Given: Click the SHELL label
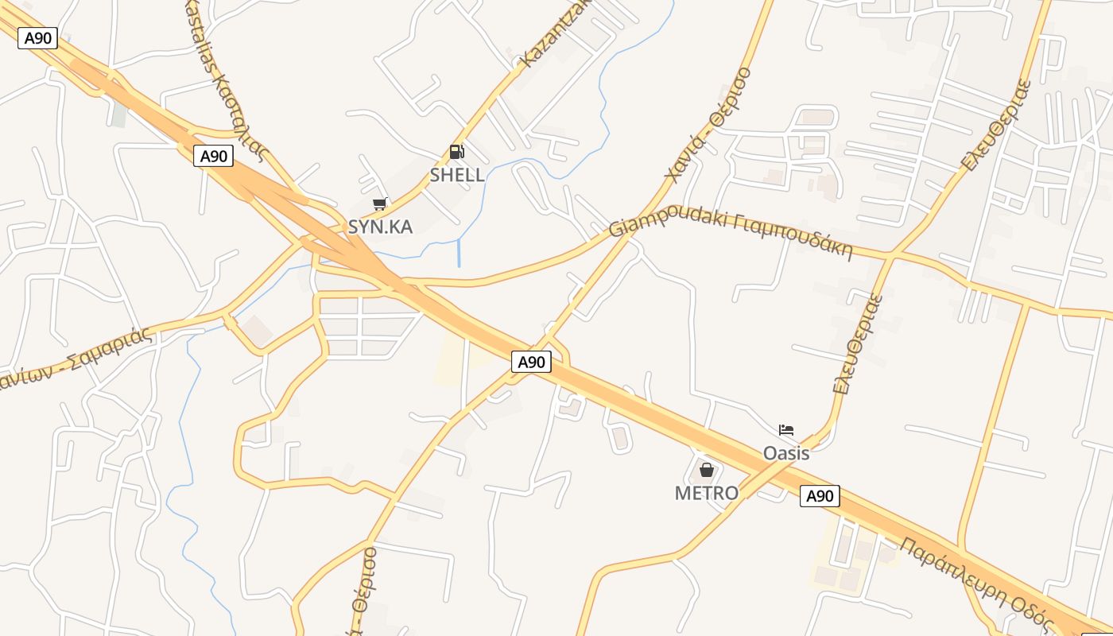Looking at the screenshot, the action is click(x=457, y=175).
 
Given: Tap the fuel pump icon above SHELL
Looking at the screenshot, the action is click(x=456, y=151).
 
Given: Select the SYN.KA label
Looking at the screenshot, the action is click(x=380, y=227).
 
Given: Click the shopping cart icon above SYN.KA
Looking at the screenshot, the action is click(x=380, y=204).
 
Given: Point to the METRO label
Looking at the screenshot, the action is click(x=706, y=493).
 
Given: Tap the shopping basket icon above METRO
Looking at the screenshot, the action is click(x=706, y=470).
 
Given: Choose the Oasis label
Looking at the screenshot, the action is click(x=785, y=453).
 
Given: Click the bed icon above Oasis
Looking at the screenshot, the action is click(x=786, y=430).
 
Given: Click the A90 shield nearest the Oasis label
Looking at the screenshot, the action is click(x=819, y=496).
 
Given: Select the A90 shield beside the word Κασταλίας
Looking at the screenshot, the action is click(x=213, y=156).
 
